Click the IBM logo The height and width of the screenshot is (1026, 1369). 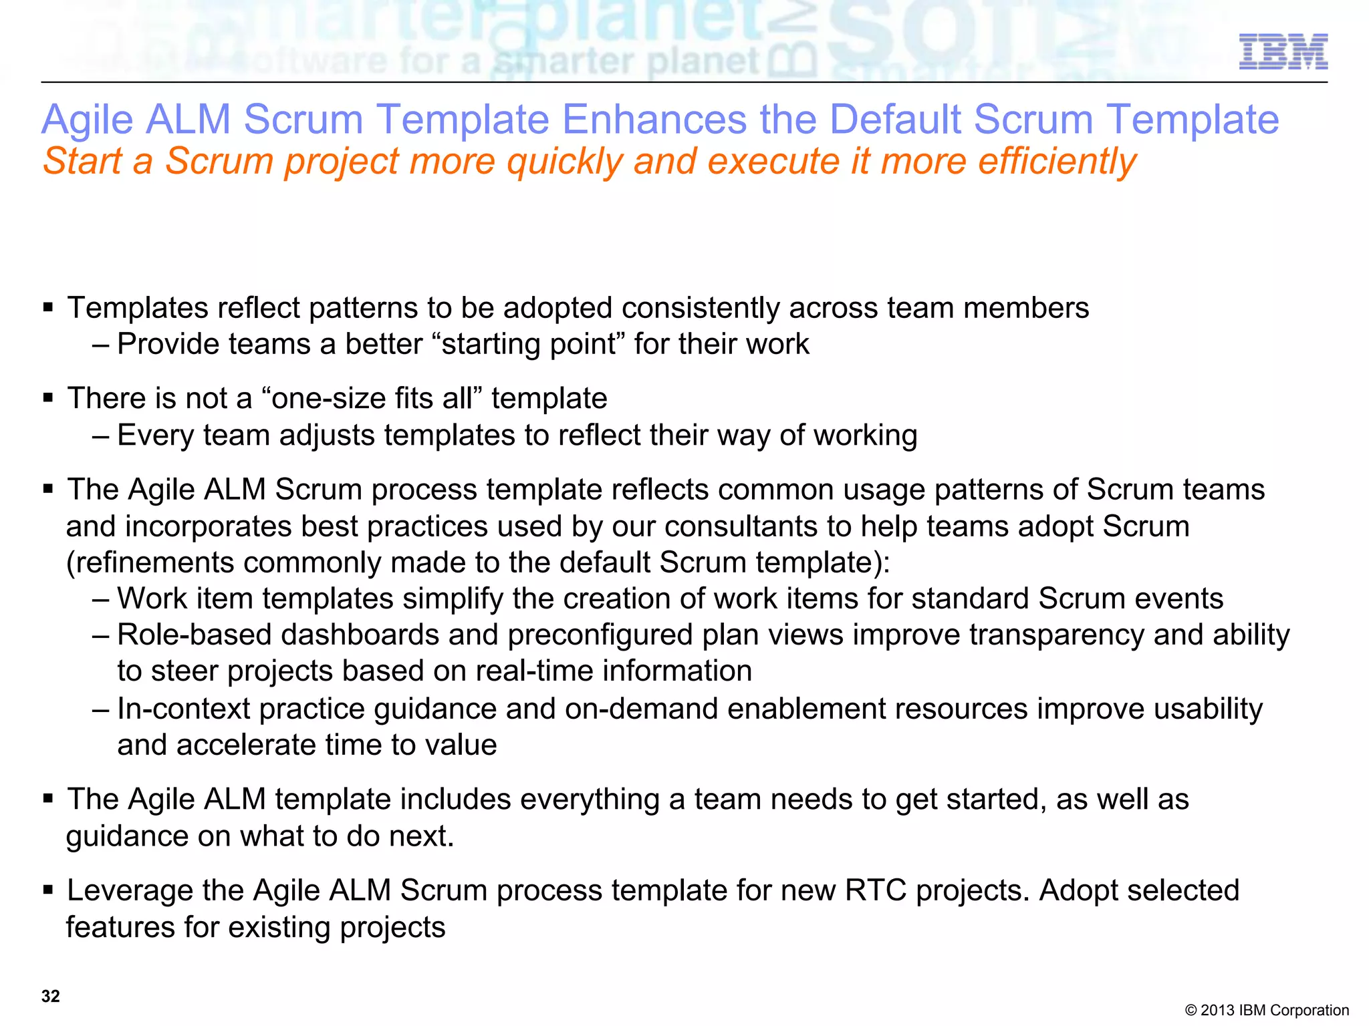coord(1283,51)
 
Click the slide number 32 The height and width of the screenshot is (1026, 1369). coord(51,996)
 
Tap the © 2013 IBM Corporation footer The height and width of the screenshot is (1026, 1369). coord(1266,1010)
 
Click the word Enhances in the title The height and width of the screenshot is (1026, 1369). coord(654,120)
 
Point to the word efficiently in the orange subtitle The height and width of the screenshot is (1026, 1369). coord(1057,162)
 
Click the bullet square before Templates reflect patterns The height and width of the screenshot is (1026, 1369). coord(47,308)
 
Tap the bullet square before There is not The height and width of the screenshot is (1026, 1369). coord(47,399)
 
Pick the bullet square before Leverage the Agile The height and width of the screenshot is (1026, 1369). coord(47,890)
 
